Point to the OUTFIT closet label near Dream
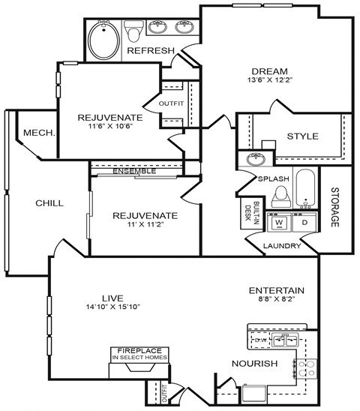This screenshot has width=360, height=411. (x=171, y=103)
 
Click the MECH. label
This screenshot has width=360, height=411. (x=39, y=133)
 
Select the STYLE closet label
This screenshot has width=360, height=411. (x=303, y=136)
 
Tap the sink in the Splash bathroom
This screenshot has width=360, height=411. (x=253, y=160)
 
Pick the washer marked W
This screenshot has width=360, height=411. (x=279, y=223)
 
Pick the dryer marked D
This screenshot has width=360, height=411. (x=304, y=223)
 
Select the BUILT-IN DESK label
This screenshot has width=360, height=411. (x=247, y=213)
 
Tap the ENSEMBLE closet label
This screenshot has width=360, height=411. (x=134, y=170)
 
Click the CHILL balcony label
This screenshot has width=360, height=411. (x=49, y=203)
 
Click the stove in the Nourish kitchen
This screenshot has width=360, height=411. (x=307, y=367)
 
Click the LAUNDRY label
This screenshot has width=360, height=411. (x=282, y=246)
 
